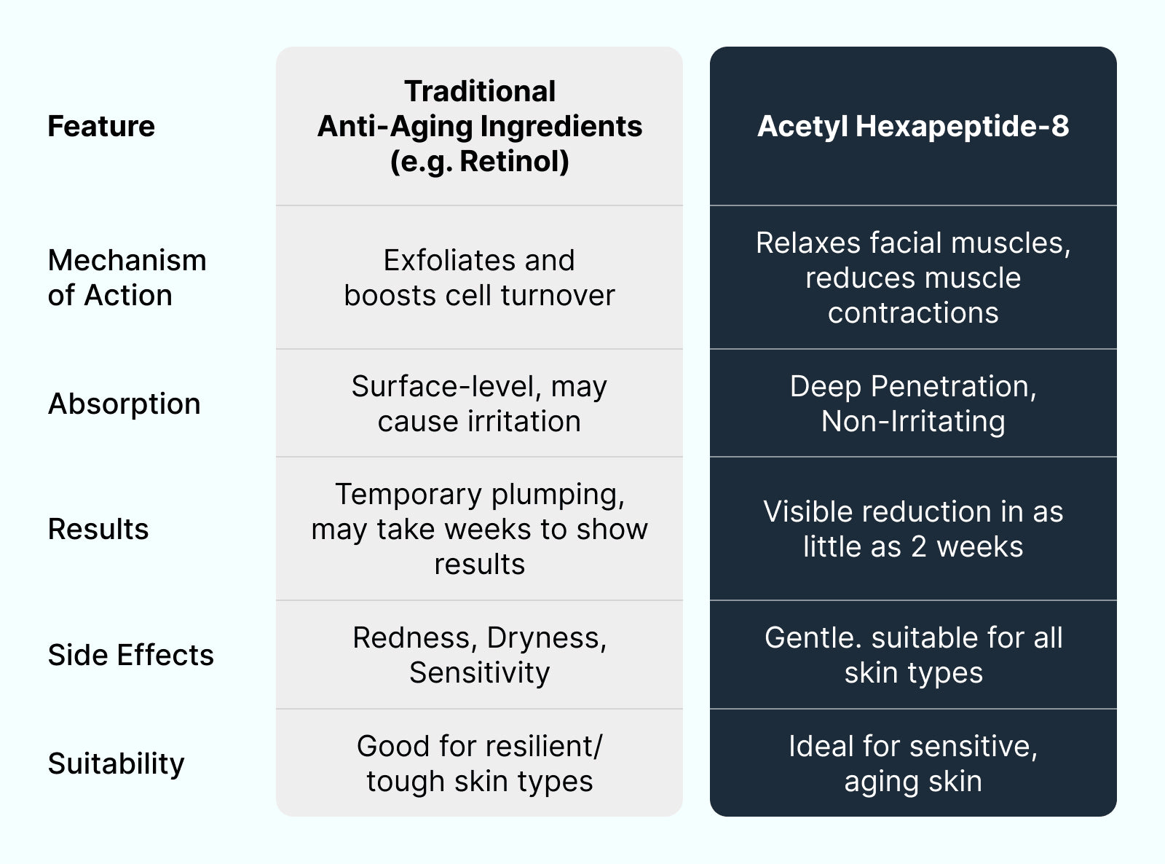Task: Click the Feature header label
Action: tap(101, 126)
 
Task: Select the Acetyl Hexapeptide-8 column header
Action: tap(913, 126)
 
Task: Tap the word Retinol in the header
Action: tap(514, 161)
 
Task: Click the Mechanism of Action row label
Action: tap(127, 278)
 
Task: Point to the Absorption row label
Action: tap(124, 404)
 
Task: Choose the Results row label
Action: tap(98, 529)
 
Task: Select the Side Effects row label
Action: tap(131, 655)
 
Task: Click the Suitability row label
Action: tap(116, 763)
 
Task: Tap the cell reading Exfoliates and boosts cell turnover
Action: tap(479, 278)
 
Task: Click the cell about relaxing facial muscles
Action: tap(913, 278)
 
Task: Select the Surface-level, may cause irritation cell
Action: tap(479, 404)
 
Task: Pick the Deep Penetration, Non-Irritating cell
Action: tap(913, 404)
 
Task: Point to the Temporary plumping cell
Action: tap(479, 529)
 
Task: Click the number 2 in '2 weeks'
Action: tap(919, 546)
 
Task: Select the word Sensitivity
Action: tap(479, 672)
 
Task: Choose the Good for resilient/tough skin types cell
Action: tap(479, 763)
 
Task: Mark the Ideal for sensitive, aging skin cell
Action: tap(913, 763)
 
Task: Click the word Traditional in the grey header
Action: tap(480, 92)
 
